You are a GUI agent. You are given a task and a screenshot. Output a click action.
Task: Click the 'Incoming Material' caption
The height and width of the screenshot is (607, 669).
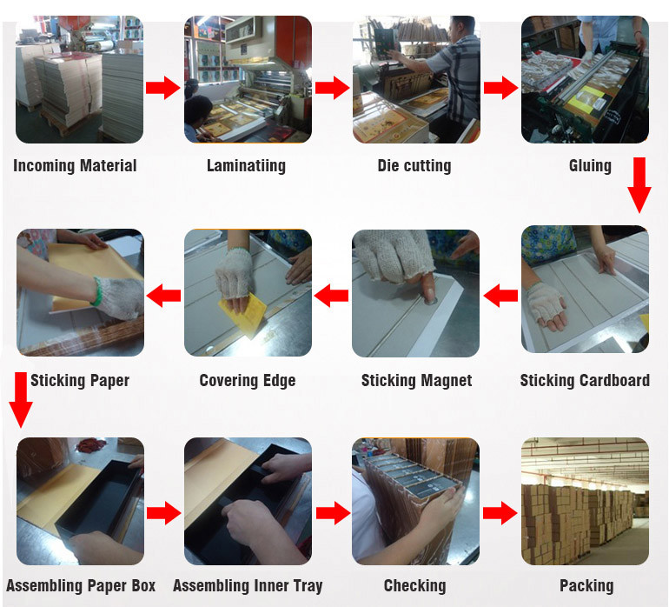click(x=75, y=166)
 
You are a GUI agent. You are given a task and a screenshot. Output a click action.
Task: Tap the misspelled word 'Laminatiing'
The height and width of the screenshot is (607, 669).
click(x=246, y=166)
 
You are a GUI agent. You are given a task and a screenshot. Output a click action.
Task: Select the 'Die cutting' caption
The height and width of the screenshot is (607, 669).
click(x=414, y=166)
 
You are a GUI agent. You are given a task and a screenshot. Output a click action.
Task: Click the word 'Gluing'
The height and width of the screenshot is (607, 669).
click(x=590, y=166)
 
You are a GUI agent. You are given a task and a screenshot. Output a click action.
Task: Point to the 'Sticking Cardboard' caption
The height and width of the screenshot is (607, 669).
click(x=585, y=380)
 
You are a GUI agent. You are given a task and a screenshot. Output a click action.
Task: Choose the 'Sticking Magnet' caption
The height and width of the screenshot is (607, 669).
click(x=416, y=380)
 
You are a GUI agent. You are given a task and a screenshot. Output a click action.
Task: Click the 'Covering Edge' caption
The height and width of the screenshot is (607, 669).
click(x=248, y=380)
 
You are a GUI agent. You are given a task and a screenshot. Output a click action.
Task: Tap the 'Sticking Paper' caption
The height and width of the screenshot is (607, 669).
click(x=80, y=380)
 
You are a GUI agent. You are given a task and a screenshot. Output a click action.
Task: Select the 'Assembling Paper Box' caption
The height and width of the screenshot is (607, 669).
click(x=81, y=585)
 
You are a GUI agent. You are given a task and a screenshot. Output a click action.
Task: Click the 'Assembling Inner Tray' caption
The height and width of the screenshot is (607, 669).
click(x=248, y=585)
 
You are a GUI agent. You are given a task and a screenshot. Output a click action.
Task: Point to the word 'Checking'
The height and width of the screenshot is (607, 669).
click(x=414, y=585)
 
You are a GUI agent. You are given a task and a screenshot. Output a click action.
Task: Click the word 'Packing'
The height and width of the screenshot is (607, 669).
click(x=586, y=585)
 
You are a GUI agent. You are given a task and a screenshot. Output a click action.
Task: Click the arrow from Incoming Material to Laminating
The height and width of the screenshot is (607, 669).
click(x=163, y=88)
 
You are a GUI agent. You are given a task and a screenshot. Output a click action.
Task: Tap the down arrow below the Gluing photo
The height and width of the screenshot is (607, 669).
click(x=639, y=185)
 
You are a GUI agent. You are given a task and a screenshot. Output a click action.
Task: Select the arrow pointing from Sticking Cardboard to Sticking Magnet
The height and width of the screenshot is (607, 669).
click(x=501, y=296)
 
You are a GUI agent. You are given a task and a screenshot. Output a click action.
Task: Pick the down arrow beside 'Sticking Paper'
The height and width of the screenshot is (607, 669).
click(x=21, y=400)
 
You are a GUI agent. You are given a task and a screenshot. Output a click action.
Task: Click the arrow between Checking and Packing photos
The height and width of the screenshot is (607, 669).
click(x=500, y=513)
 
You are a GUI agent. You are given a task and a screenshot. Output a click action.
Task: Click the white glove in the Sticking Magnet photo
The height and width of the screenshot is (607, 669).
click(x=394, y=256)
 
